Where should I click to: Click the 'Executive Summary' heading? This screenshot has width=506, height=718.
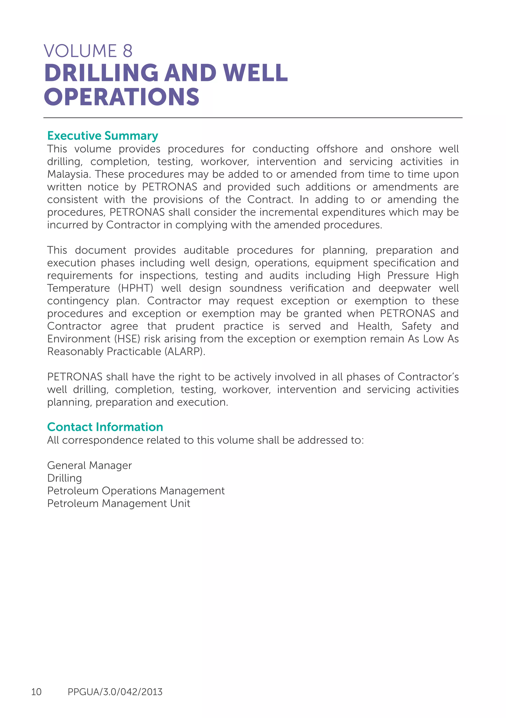click(x=103, y=136)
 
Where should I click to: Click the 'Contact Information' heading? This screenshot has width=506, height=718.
click(x=105, y=427)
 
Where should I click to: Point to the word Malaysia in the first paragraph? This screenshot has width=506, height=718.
click(x=67, y=174)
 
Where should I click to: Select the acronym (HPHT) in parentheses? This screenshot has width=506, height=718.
click(x=135, y=288)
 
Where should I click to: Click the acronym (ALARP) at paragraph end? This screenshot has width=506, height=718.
click(x=185, y=352)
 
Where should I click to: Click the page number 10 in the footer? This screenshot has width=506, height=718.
click(x=36, y=692)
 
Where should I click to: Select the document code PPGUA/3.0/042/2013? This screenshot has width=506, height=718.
click(x=115, y=692)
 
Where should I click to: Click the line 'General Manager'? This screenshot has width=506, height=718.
click(x=89, y=465)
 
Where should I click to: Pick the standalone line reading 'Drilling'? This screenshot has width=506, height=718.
click(x=64, y=478)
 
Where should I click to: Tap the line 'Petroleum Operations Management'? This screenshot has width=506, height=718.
click(x=136, y=491)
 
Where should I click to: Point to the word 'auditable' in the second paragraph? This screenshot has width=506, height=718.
click(x=206, y=250)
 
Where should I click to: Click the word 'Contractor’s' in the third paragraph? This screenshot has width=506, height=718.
click(x=428, y=377)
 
